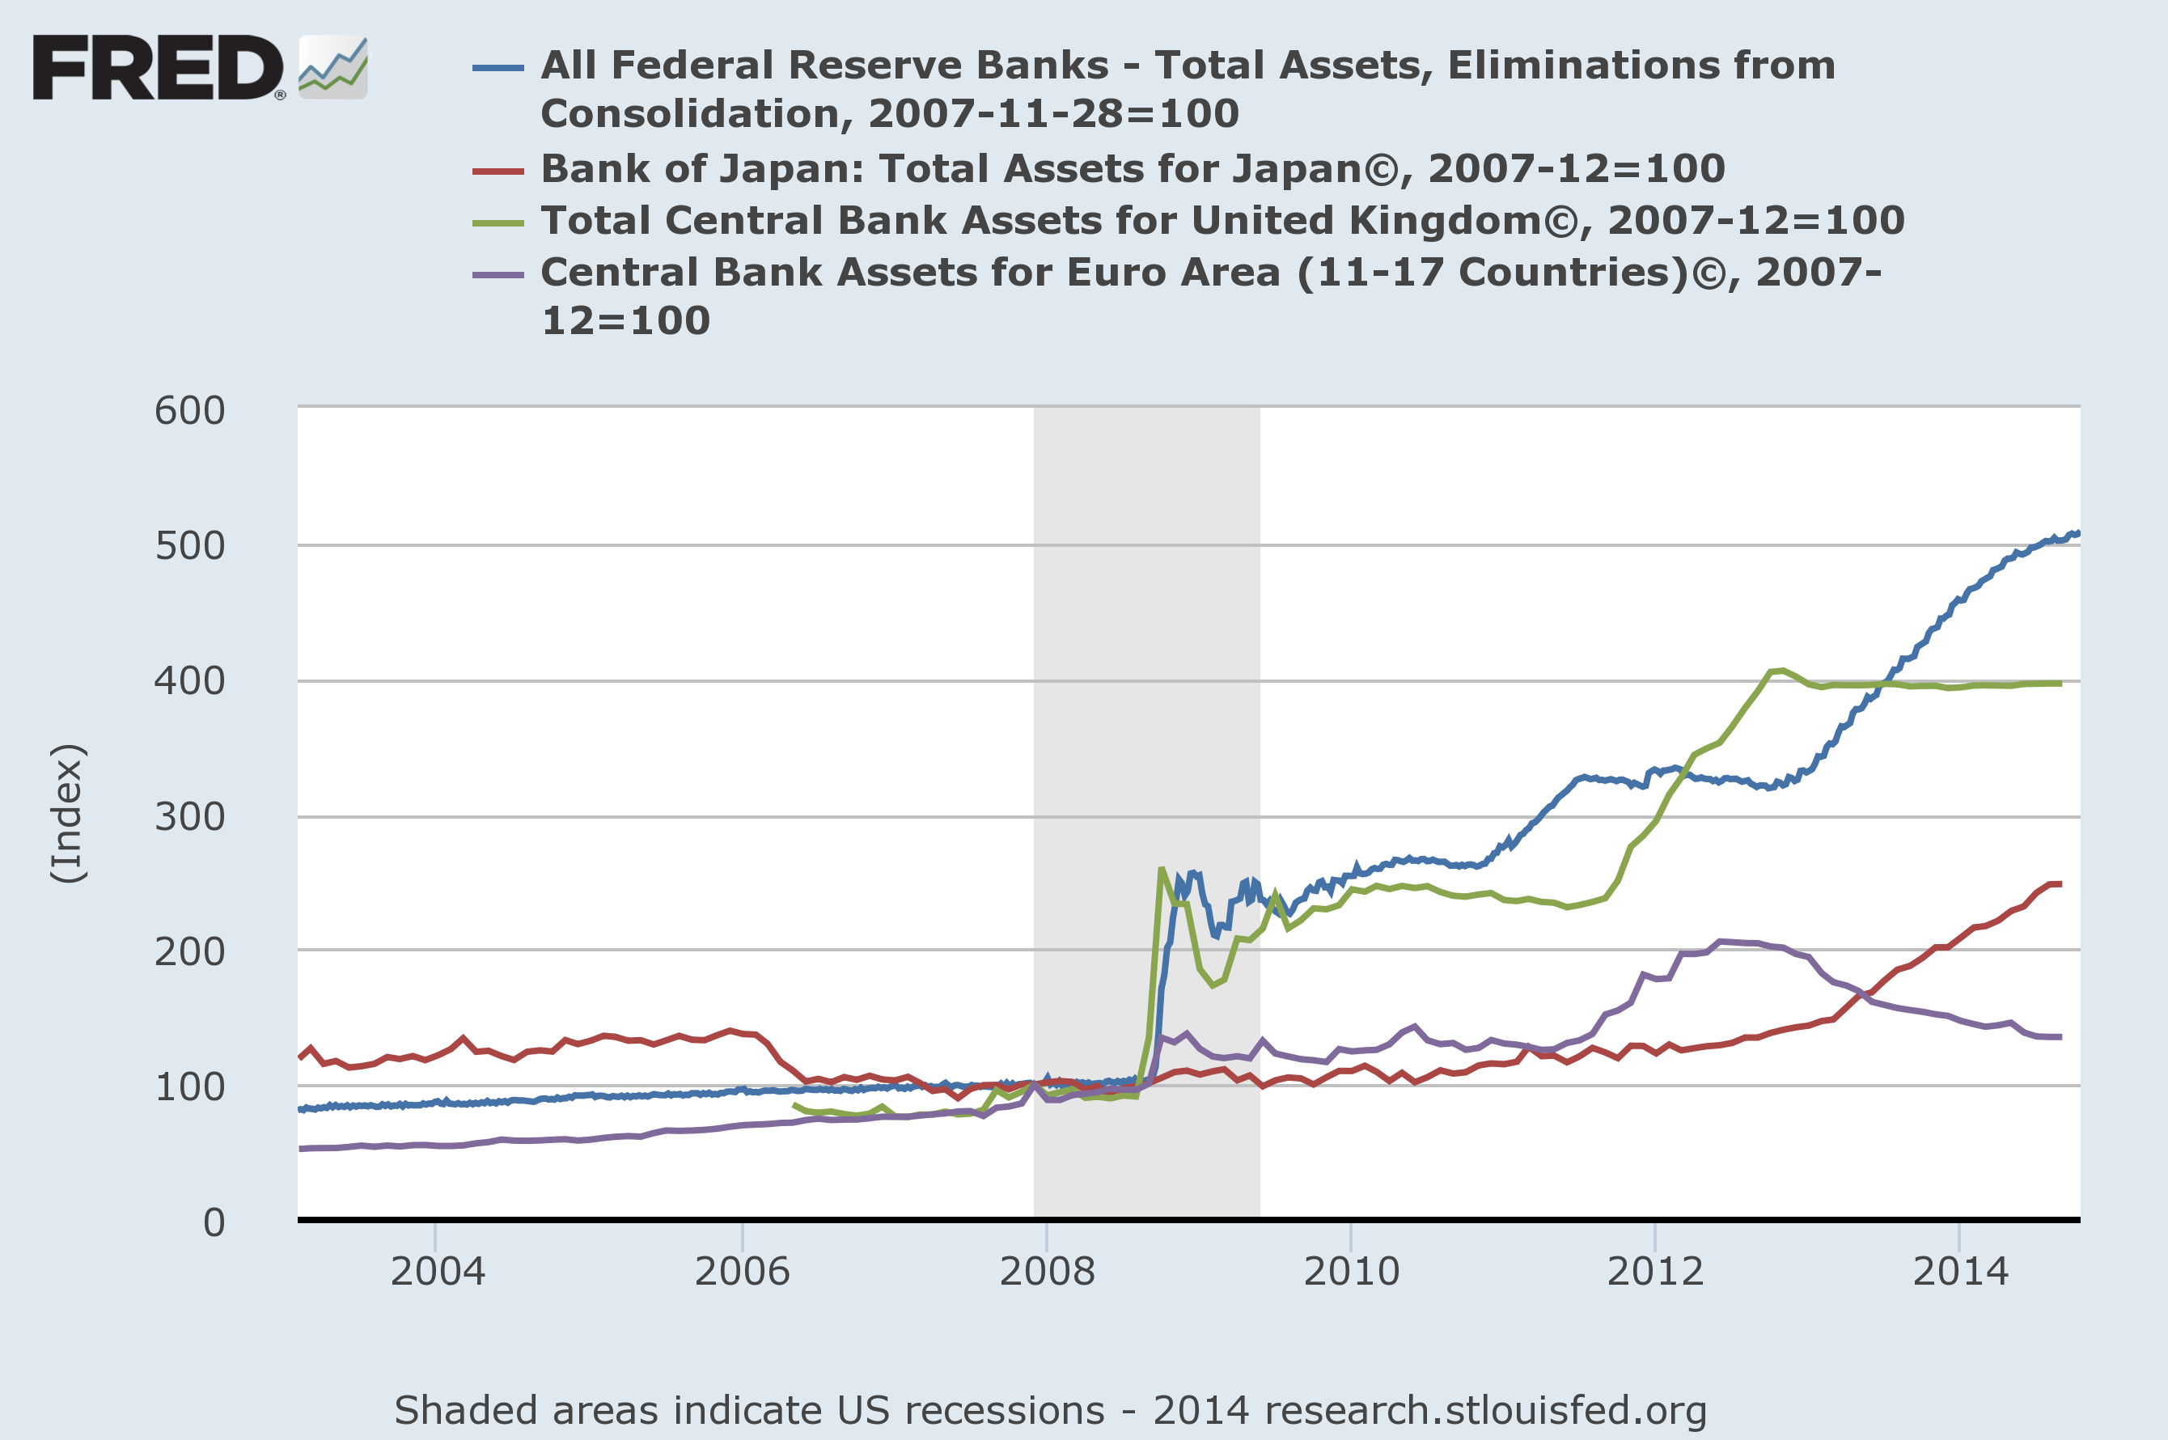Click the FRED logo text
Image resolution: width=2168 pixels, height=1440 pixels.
[x=158, y=67]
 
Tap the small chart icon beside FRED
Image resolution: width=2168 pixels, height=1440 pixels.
[x=332, y=67]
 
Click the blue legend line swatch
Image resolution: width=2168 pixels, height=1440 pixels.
[x=498, y=68]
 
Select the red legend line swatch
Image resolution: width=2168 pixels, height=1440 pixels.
[x=498, y=171]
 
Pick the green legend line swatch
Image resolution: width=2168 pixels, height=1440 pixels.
[x=498, y=222]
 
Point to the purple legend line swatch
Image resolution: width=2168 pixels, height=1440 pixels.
[x=498, y=274]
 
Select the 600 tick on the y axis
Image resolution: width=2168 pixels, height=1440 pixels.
[x=189, y=410]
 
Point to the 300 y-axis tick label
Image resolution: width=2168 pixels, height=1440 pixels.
[x=189, y=816]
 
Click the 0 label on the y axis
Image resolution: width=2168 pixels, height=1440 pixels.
[x=214, y=1222]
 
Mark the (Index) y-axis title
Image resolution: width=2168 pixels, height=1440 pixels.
[x=68, y=814]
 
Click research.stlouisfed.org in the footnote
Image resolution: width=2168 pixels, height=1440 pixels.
[x=1484, y=1410]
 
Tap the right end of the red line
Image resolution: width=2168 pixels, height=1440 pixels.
[x=2060, y=884]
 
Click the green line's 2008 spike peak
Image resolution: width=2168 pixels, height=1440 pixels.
[x=1162, y=869]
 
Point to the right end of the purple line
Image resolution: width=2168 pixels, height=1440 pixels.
[x=2060, y=1037]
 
